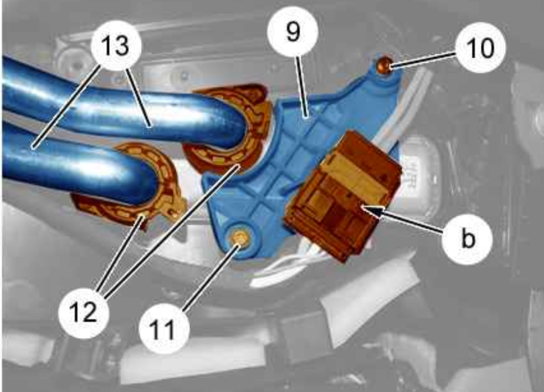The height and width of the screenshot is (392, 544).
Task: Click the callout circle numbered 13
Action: pyautogui.click(x=116, y=46)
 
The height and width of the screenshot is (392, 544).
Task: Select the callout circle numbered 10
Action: pyautogui.click(x=480, y=47)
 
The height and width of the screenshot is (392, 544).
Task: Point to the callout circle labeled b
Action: pyautogui.click(x=467, y=239)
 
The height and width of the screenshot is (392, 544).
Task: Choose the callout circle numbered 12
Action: pyautogui.click(x=83, y=312)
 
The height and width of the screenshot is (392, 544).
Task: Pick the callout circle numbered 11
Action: pyautogui.click(x=164, y=329)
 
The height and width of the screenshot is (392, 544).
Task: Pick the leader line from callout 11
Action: pyautogui.click(x=210, y=276)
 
